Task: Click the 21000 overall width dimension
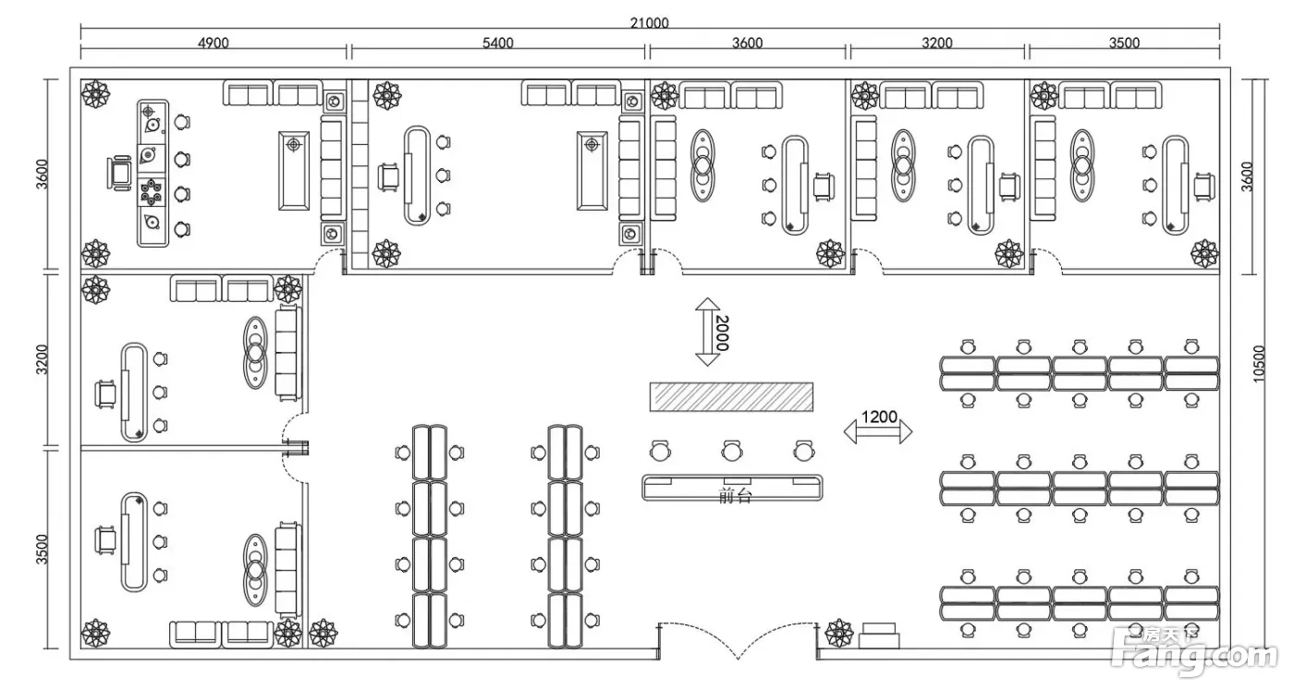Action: pos(649,22)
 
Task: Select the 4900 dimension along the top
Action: pos(214,42)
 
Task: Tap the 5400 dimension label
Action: pos(498,42)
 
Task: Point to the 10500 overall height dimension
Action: pos(1258,363)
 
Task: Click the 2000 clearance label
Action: pos(722,333)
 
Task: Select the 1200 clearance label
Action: pos(879,417)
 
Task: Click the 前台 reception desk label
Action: pos(735,495)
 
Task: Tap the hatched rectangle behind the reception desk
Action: pos(731,396)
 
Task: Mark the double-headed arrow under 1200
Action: pos(878,432)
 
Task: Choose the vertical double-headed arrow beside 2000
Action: pos(707,332)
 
